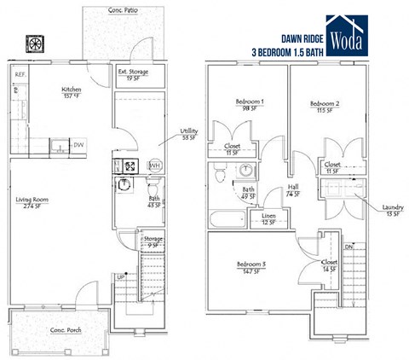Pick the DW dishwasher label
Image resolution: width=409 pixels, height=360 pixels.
(x=78, y=145)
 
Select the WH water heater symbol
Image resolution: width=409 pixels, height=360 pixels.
(x=155, y=165)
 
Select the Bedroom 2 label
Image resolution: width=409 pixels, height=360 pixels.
(x=324, y=107)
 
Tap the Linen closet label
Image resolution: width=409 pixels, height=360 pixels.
(x=268, y=219)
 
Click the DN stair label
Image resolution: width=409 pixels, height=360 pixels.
(x=349, y=247)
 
